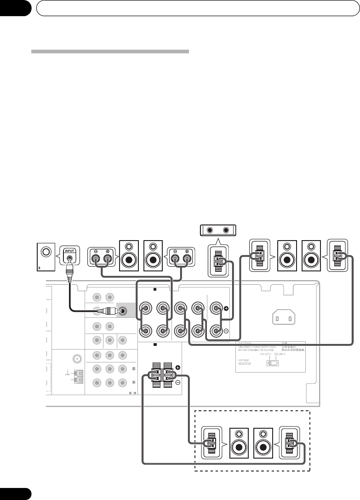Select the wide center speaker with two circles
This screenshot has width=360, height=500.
point(218,230)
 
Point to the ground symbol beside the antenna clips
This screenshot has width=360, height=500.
point(68,374)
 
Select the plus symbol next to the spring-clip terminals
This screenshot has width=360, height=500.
point(177,368)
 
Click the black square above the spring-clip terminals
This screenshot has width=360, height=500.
point(156,344)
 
